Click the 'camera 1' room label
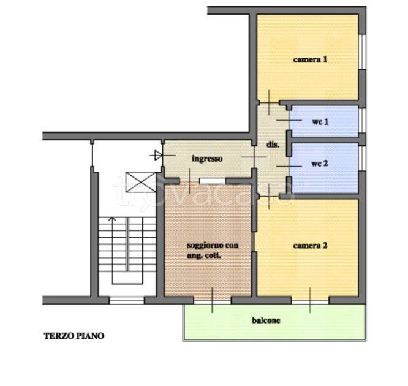click(310, 59)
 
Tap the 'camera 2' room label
click(310, 246)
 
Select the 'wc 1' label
click(320, 122)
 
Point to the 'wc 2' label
click(320, 164)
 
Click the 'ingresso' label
click(207, 159)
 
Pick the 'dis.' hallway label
click(273, 145)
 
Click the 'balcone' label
click(266, 320)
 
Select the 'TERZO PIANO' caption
click(74, 336)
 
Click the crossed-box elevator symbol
click(141, 182)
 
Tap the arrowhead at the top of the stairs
click(112, 219)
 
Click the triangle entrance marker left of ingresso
click(158, 156)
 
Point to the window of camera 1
click(363, 52)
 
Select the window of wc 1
click(363, 121)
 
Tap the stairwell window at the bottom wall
click(126, 300)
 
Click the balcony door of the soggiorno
click(213, 300)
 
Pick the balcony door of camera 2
click(310, 300)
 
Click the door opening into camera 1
click(270, 103)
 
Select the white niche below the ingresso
click(212, 181)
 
